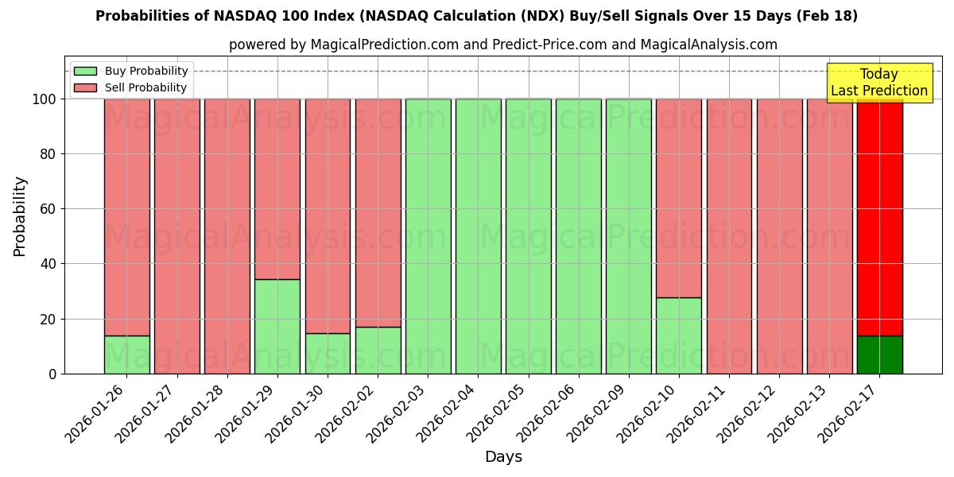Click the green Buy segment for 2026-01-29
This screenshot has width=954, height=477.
coord(277,326)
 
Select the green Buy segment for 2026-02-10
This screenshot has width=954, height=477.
coord(679,335)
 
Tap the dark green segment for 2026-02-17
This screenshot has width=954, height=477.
coord(879,355)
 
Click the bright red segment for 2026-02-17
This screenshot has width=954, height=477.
coord(879,215)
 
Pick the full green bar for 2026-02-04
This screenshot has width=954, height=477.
coord(478,236)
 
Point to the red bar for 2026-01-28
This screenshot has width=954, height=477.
coord(227,236)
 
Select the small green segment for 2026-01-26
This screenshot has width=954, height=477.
coord(127,355)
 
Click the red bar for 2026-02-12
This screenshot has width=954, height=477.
coord(779,236)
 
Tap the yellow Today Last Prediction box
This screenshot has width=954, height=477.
coord(878,83)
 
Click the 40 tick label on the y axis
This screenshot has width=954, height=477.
coord(48,264)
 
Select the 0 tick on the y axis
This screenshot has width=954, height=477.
coord(52,374)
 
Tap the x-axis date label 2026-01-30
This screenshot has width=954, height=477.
coord(299,418)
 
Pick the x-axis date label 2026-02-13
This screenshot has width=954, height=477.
coord(801,418)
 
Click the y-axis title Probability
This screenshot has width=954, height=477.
coord(20,215)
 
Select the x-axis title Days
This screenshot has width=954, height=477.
coord(503,457)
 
